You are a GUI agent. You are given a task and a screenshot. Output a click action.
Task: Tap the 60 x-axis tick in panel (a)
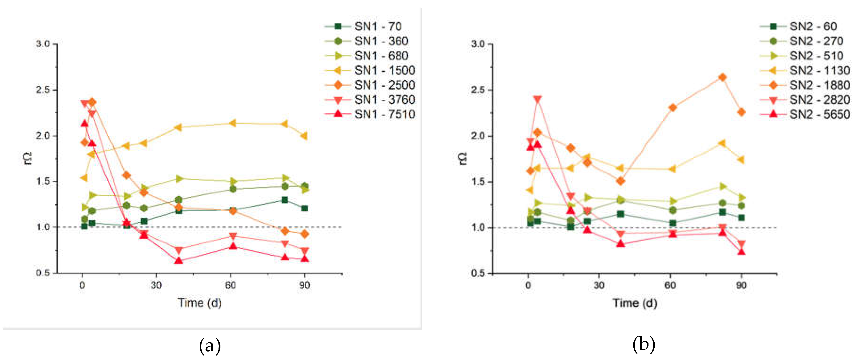230,285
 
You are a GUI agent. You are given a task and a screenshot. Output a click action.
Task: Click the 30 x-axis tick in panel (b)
599,285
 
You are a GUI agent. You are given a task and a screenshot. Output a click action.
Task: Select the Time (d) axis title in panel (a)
199,303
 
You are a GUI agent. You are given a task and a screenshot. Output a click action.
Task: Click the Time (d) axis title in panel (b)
635,303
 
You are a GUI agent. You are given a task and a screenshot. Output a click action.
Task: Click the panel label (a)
210,345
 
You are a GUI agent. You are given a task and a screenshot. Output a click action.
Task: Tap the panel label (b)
644,345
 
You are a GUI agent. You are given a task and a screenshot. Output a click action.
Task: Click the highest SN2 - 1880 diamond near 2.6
722,77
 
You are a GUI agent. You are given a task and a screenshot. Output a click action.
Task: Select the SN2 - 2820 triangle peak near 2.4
537,99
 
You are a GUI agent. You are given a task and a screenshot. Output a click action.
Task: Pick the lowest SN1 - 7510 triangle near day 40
179,260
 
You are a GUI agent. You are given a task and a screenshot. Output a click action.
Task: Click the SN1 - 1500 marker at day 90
304,136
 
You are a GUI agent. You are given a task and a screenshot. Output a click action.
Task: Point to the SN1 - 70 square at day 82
285,200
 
